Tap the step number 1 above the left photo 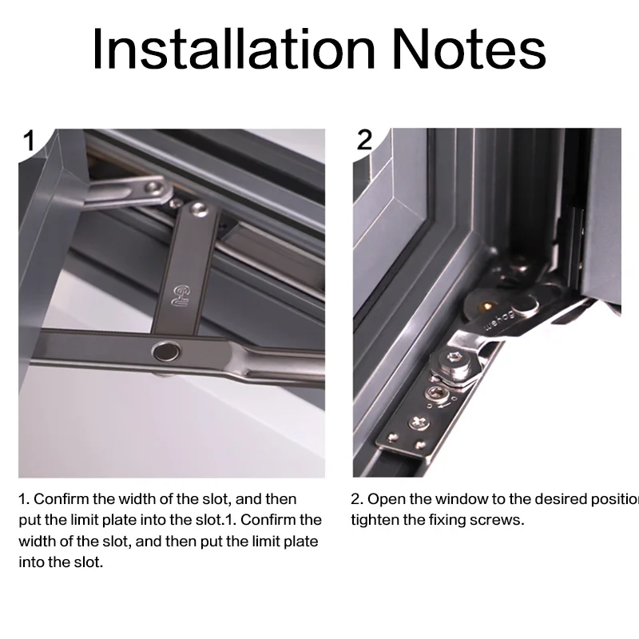(29, 141)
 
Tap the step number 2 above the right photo (364, 140)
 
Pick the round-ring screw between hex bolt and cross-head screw (436, 393)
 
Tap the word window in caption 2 (459, 499)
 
